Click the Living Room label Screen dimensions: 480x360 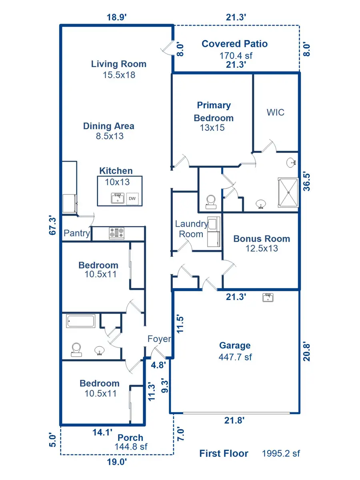tap(118, 64)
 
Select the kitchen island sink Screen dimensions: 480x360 tap(118, 198)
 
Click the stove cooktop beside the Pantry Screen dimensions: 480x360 tap(117, 233)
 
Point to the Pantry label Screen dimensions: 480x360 tap(77, 233)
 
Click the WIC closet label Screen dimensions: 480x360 tap(276, 112)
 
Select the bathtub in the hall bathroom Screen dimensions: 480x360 tap(81, 321)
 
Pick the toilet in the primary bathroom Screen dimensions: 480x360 tap(210, 202)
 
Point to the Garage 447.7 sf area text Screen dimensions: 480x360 tap(235, 357)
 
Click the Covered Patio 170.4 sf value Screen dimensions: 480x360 tap(236, 56)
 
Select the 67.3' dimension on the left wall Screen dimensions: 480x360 tap(53, 225)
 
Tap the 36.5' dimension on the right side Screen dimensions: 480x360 tap(307, 182)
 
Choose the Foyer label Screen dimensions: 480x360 tap(159, 339)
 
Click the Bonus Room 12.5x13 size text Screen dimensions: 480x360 tap(262, 248)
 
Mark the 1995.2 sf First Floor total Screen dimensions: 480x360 tap(281, 454)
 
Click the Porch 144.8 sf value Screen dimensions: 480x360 tap(131, 447)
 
